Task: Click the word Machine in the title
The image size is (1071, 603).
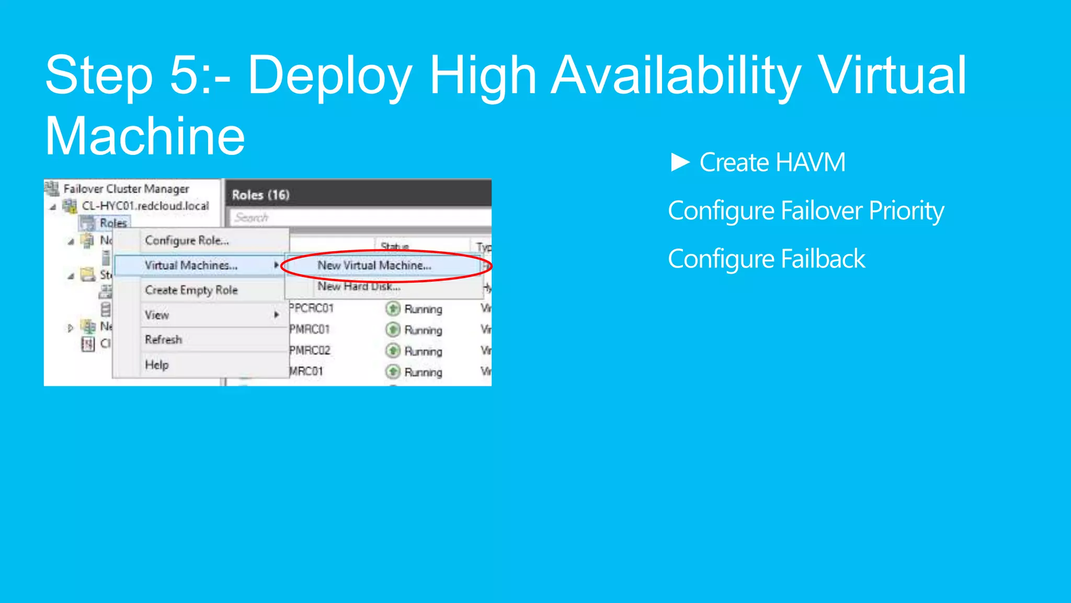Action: point(145,137)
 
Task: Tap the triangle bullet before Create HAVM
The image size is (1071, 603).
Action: point(680,162)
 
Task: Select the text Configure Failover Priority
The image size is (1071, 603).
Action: point(806,211)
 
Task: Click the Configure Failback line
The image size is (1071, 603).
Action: point(766,259)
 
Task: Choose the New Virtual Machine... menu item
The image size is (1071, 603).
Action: point(374,265)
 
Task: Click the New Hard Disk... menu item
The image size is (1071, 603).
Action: point(359,287)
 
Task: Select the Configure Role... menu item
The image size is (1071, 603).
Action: point(187,241)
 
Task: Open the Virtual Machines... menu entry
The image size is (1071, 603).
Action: point(191,265)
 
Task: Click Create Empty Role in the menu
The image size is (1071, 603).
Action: point(191,290)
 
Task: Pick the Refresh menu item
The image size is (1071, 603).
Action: point(163,340)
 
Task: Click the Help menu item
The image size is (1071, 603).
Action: point(156,365)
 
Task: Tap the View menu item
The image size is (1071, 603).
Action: point(157,315)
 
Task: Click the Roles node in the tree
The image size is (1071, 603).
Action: point(113,223)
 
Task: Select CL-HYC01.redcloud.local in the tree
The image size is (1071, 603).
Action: point(145,206)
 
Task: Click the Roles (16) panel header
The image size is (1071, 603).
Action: point(260,195)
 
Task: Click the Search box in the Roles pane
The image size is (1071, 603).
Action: point(361,217)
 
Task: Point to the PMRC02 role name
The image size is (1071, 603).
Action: point(310,350)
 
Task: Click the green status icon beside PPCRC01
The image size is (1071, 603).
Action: point(393,309)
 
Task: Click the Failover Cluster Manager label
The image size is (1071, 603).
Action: point(126,188)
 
